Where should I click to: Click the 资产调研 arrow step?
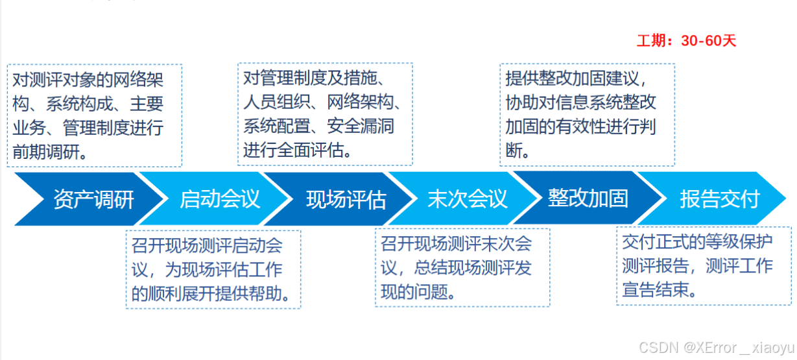(93, 199)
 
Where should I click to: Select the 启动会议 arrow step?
(220, 199)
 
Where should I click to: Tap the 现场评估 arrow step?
(346, 199)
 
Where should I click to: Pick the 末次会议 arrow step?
(468, 199)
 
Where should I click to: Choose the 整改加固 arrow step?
(588, 198)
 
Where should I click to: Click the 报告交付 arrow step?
(719, 199)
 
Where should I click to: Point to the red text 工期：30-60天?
(686, 41)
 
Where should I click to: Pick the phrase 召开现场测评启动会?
(207, 246)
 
